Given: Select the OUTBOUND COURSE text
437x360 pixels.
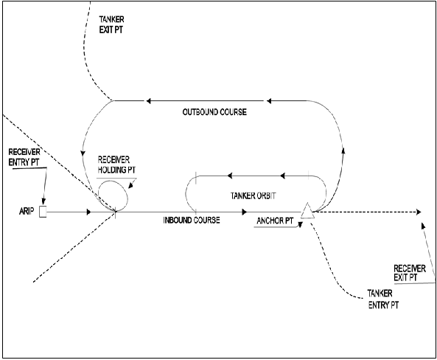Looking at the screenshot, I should [x=214, y=112].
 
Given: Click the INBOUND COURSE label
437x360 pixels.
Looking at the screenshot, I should [x=192, y=221].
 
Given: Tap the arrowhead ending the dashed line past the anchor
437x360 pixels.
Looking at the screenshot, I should [x=419, y=212].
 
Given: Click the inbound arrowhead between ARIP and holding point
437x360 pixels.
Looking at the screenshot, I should [x=88, y=212].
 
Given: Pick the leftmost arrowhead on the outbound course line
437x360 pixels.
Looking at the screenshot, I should [x=148, y=100].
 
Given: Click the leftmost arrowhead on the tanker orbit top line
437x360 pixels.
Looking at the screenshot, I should [x=230, y=176].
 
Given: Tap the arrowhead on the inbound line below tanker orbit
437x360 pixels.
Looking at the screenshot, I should [x=243, y=212].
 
